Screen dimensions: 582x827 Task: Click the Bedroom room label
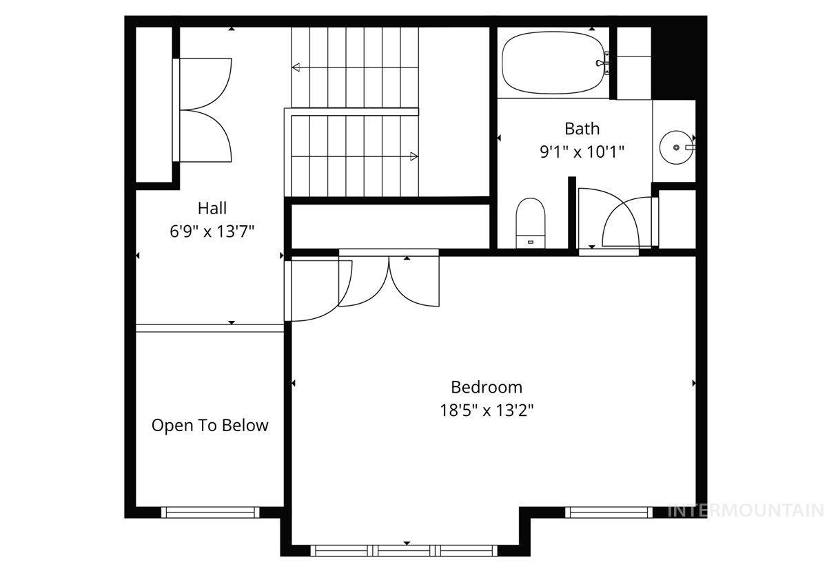pos(487,387)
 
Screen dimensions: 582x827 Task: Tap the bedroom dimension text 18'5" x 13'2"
pos(487,410)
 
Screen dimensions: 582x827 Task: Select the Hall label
pos(212,207)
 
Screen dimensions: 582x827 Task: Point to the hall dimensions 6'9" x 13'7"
pos(212,231)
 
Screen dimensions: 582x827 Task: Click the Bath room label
pos(582,129)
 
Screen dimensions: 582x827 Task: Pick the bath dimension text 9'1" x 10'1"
pos(582,152)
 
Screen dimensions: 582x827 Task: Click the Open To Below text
pos(210,425)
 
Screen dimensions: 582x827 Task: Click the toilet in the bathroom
pos(530,221)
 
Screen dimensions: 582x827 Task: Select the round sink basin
pos(675,147)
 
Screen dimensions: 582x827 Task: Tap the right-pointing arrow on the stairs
pos(413,156)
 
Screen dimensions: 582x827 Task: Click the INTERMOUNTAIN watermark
pos(746,510)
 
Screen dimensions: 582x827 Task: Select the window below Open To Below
pos(210,512)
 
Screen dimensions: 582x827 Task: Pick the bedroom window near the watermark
pos(609,512)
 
